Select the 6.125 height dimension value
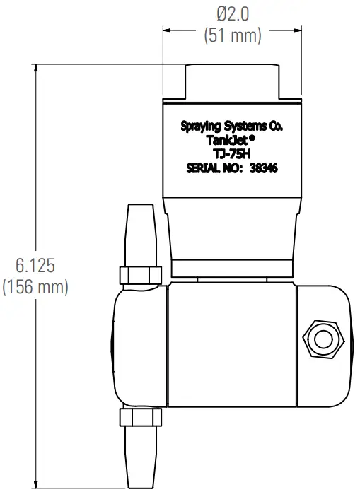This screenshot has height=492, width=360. [x=36, y=266]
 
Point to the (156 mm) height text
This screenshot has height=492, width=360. [x=36, y=288]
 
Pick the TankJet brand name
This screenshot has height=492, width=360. [x=223, y=140]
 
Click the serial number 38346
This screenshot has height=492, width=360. [x=265, y=168]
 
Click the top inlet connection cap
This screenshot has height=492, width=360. [x=233, y=81]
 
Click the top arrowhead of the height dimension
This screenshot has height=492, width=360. [x=36, y=67]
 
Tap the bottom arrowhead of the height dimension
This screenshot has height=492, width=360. [x=36, y=483]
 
